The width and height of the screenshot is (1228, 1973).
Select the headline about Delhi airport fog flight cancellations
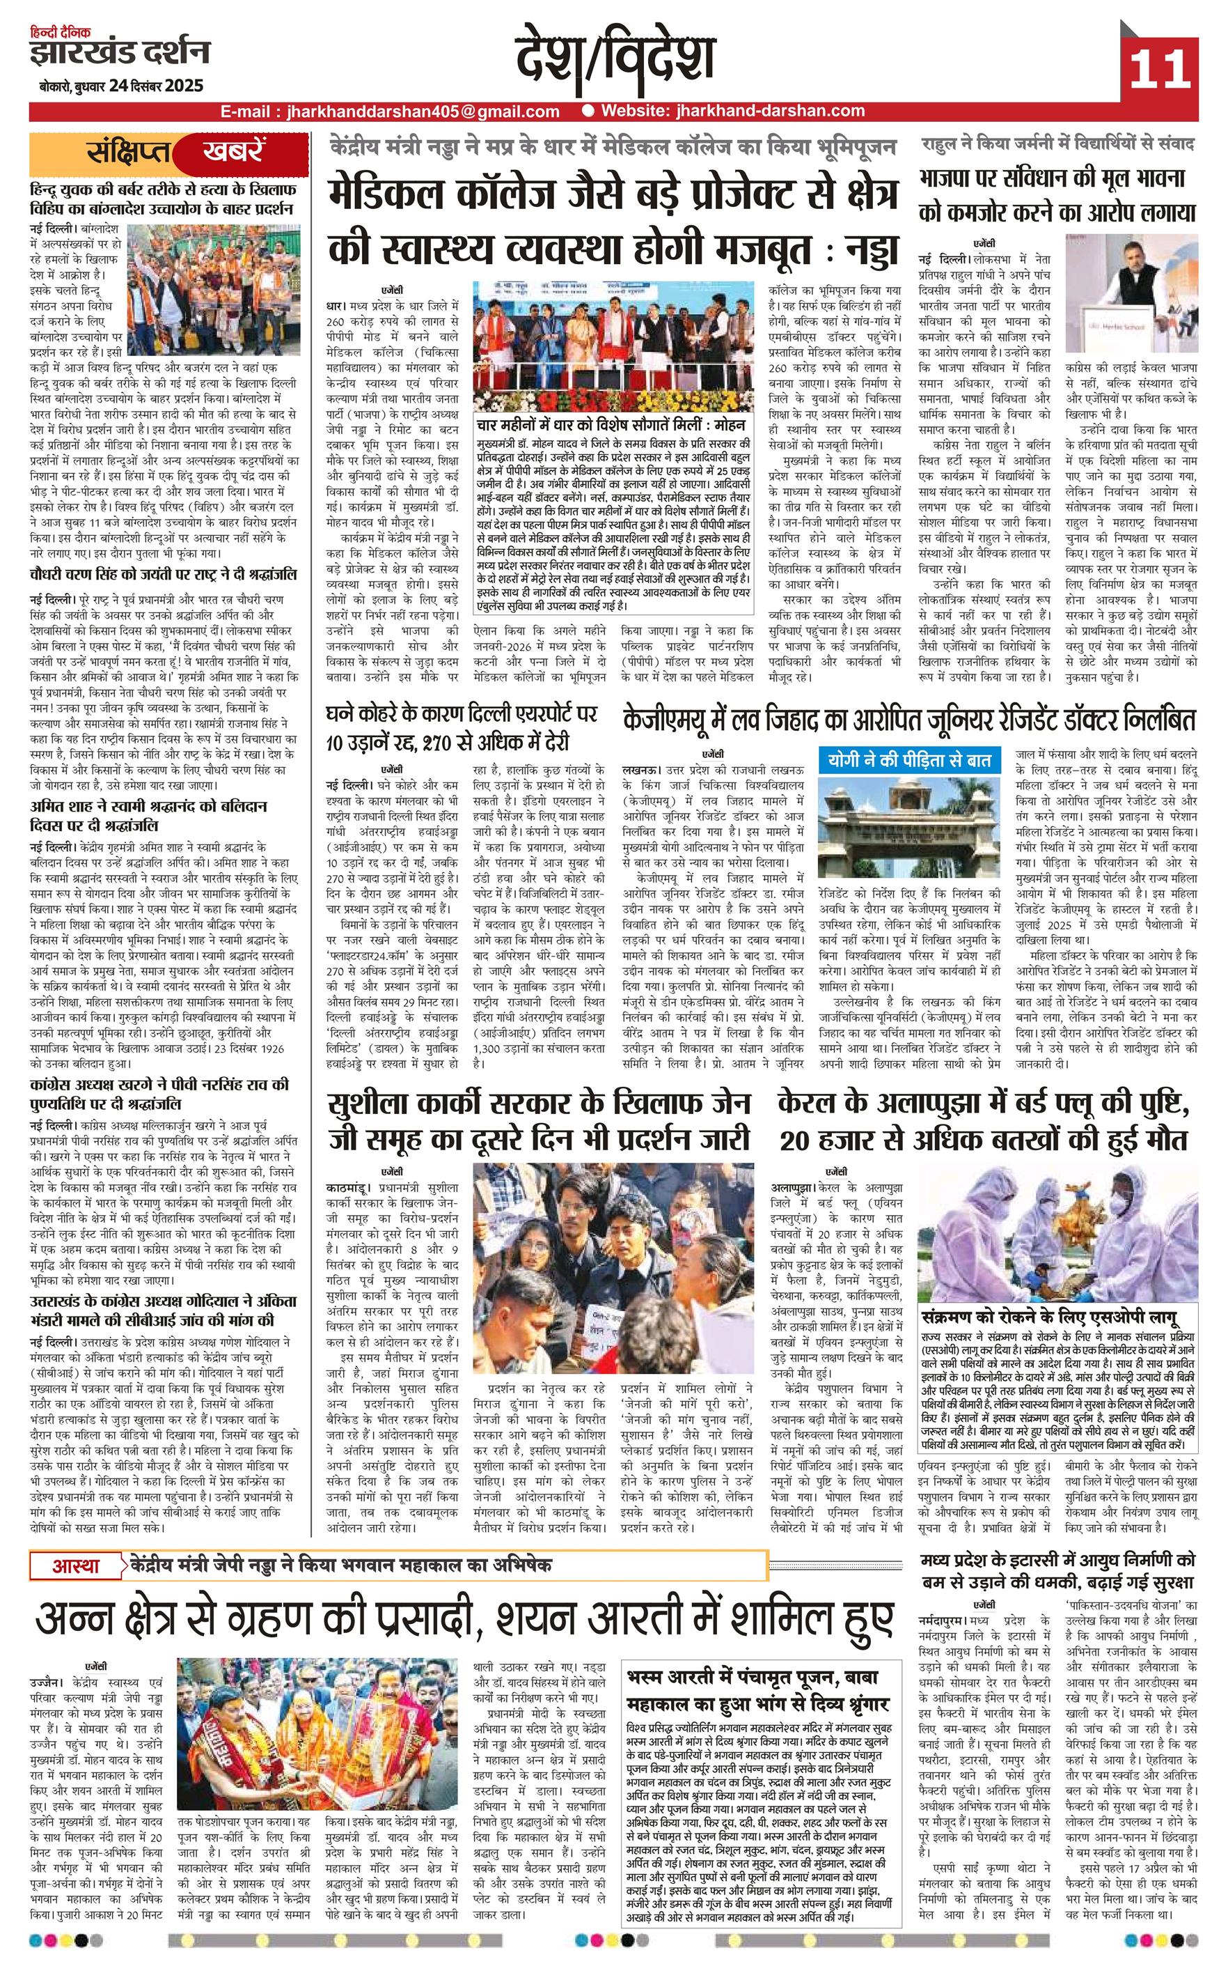pyautogui.click(x=462, y=727)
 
